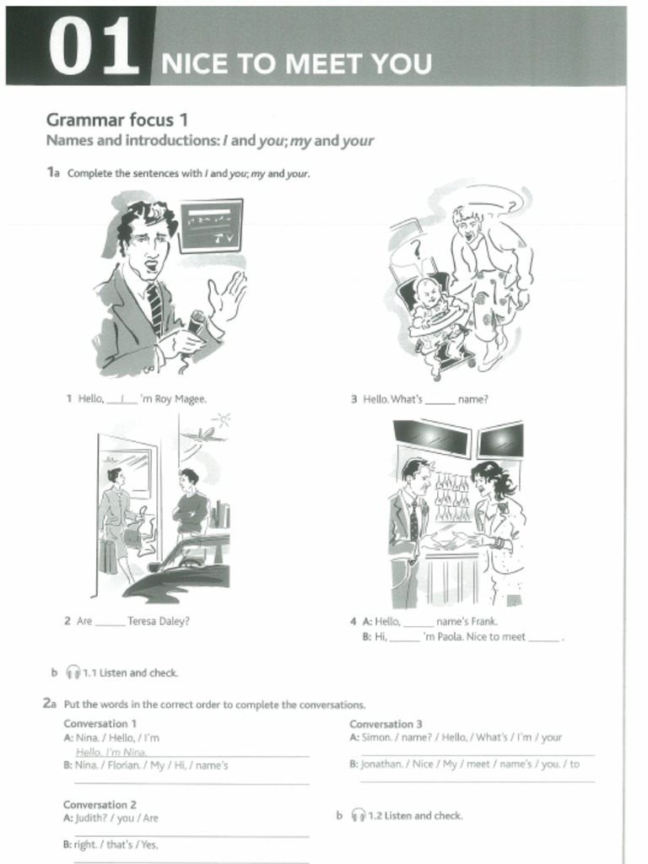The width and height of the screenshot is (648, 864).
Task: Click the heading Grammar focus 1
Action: click(116, 120)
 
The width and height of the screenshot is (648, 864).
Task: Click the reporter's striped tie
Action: click(154, 307)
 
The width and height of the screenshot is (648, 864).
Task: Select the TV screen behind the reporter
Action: click(210, 224)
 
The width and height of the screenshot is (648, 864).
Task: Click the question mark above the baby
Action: click(415, 248)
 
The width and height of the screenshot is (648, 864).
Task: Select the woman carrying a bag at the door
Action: click(114, 519)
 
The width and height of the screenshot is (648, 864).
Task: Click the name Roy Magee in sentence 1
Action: click(180, 399)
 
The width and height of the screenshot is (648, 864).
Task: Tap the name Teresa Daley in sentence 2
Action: click(159, 621)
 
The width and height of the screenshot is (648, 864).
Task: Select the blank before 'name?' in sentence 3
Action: click(440, 400)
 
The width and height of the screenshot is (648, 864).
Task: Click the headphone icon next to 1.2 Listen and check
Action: click(359, 815)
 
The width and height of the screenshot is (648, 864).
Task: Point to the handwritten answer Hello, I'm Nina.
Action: click(111, 752)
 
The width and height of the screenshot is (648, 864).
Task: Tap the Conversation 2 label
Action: click(100, 804)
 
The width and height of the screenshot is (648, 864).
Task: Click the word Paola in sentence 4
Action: click(451, 637)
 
